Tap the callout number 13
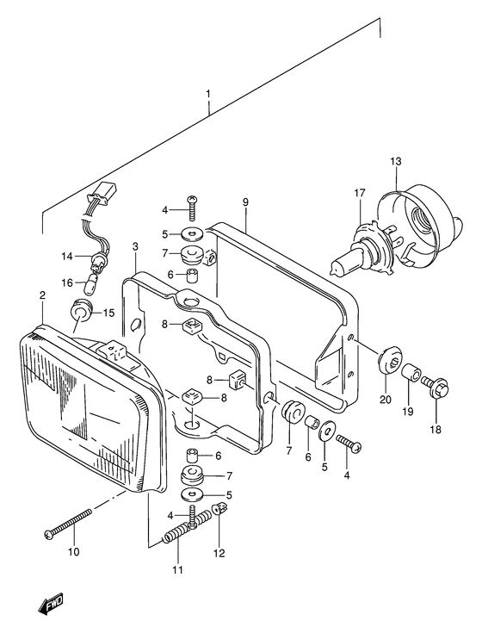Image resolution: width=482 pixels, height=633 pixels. click(395, 162)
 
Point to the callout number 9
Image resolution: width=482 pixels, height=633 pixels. click(245, 202)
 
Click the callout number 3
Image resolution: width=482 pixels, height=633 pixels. click(135, 247)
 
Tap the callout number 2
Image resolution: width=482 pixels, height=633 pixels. click(42, 296)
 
